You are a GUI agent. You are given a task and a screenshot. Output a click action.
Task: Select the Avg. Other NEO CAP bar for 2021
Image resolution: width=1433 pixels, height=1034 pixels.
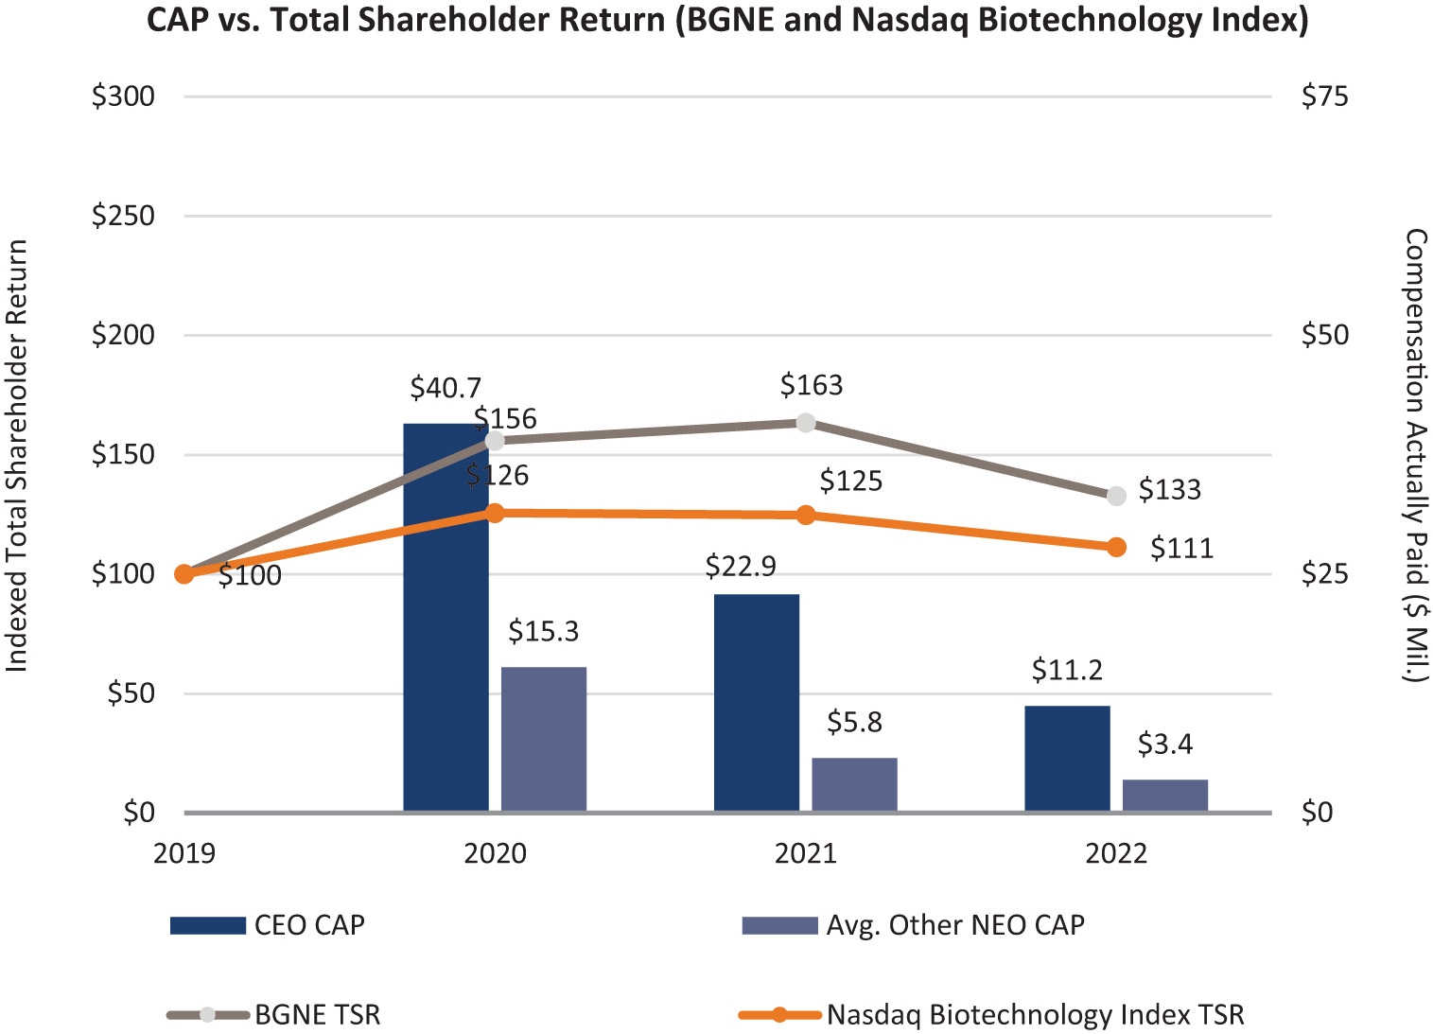(854, 784)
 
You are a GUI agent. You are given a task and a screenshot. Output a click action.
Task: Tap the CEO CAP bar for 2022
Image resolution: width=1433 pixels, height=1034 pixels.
(1067, 758)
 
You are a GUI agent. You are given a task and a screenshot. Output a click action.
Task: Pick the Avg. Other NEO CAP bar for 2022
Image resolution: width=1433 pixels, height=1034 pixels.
(1164, 795)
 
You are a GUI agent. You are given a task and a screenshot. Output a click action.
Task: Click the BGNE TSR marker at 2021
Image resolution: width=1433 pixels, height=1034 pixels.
(806, 422)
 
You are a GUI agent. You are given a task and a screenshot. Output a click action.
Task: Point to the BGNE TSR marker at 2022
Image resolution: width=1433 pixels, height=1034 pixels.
(1116, 496)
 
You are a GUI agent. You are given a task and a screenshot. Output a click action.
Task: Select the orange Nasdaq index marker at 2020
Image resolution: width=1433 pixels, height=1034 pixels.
(495, 513)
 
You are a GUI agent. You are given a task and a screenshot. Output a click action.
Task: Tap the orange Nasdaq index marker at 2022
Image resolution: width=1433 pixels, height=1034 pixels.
(1116, 547)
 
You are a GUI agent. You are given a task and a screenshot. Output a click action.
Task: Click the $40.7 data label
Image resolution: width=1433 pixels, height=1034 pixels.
(446, 388)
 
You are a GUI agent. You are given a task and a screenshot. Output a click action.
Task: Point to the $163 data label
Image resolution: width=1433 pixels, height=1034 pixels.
(812, 385)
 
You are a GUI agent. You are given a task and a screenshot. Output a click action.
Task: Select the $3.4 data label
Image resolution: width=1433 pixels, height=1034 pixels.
(1164, 745)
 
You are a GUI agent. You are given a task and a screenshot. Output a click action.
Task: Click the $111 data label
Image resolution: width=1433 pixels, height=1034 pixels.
(1181, 549)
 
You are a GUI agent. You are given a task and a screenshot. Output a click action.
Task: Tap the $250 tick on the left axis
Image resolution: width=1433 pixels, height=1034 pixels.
(123, 216)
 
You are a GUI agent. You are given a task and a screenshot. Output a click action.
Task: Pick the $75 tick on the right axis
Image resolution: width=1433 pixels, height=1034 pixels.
(1324, 96)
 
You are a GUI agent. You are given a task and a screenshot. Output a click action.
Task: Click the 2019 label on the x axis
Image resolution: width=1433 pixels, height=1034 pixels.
(184, 853)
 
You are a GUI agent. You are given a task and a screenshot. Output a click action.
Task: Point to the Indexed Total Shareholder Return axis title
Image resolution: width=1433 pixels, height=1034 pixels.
(17, 455)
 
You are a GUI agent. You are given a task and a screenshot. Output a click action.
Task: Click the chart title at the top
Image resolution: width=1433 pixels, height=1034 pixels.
(727, 20)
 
